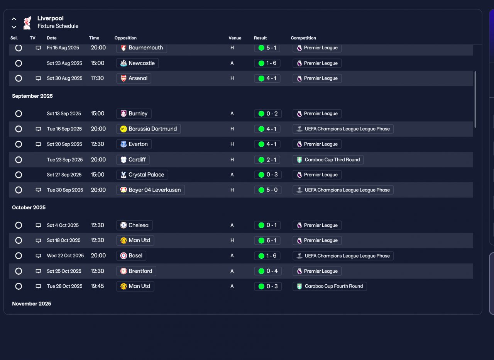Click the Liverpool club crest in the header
coord(27,22)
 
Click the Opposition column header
coord(125,38)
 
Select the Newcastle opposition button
coord(137,63)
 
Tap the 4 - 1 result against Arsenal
coord(267,78)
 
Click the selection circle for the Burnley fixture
coord(19,114)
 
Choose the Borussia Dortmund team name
coord(152,129)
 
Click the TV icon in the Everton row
coord(38,144)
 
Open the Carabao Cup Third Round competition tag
coord(328,160)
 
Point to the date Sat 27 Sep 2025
coord(64,175)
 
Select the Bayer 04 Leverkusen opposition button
coord(151,190)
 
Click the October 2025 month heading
coord(29,207)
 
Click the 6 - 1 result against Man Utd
coord(267,240)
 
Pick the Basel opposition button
coord(131,256)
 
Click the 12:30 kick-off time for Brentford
coord(97,271)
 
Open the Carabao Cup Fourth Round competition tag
coord(330,286)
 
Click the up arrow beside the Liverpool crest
coord(14,19)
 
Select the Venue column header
coord(235,38)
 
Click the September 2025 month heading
coord(32,96)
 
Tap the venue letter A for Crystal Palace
coord(232,175)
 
